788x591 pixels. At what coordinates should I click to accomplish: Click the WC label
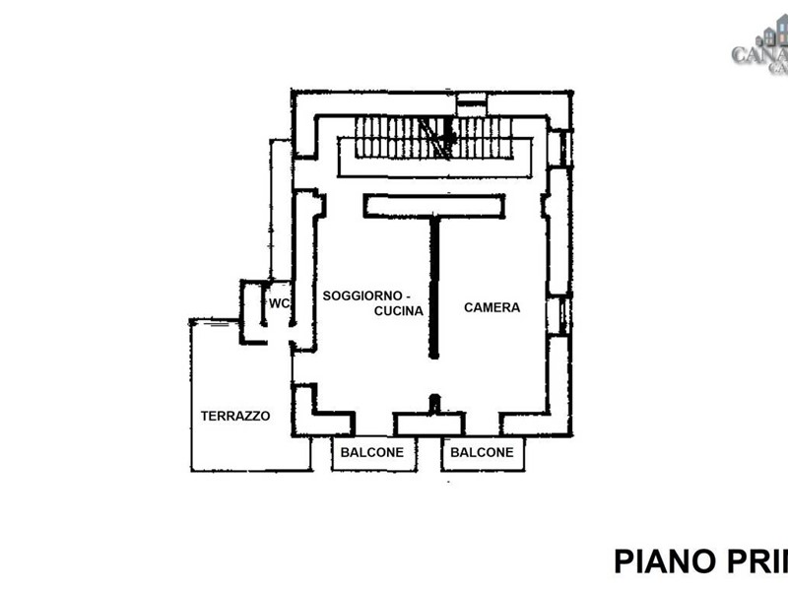click(x=280, y=303)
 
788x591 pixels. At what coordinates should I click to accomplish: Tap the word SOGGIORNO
click(x=359, y=295)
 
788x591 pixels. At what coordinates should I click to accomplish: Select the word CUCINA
click(x=398, y=311)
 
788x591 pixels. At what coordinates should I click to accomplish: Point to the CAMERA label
click(x=492, y=307)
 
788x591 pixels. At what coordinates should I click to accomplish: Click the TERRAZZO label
click(x=235, y=416)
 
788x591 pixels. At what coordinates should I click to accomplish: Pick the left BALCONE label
click(x=372, y=453)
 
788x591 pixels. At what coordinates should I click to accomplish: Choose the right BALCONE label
click(x=483, y=453)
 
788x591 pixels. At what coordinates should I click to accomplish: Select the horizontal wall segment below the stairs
click(x=433, y=206)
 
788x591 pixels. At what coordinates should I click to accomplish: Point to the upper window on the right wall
click(x=564, y=148)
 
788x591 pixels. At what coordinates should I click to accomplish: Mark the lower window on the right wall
click(x=564, y=315)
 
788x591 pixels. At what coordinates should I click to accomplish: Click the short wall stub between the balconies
click(x=434, y=404)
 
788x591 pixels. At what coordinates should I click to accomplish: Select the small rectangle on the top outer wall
click(x=472, y=102)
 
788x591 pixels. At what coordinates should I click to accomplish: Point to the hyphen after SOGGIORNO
click(x=408, y=295)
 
